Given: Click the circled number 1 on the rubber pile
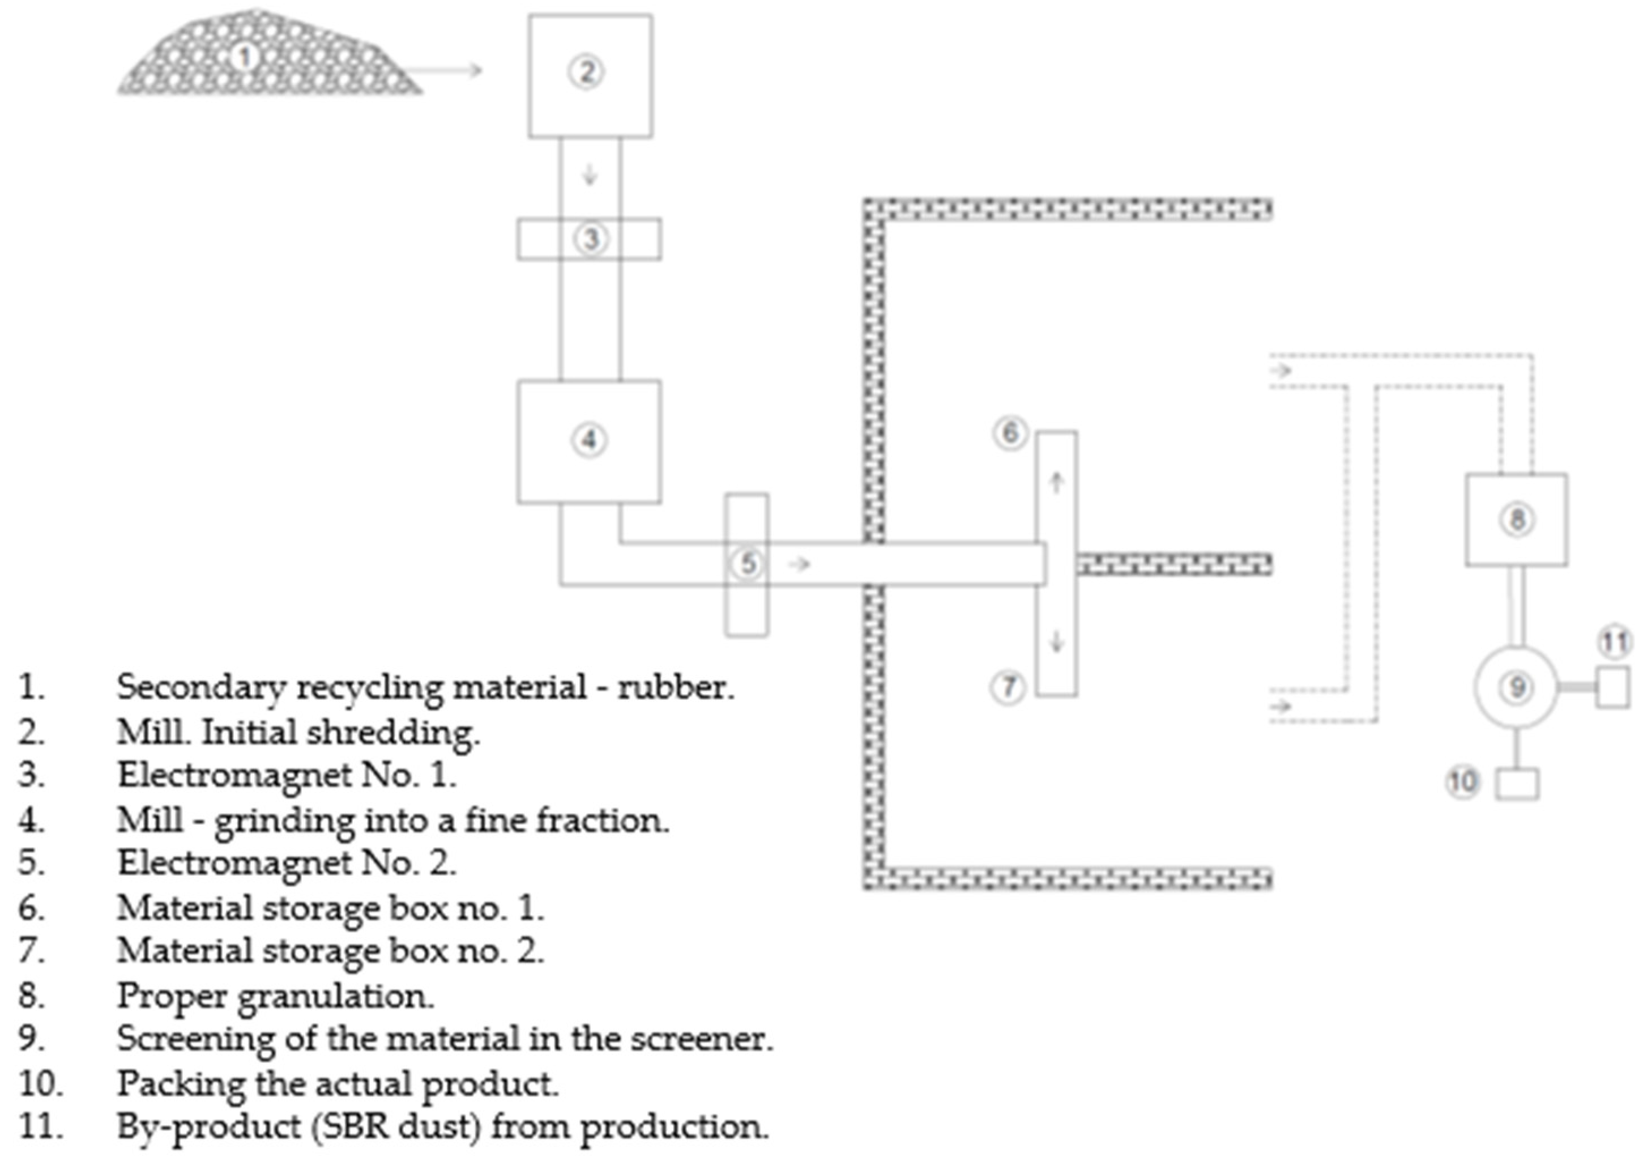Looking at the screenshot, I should point(244,57).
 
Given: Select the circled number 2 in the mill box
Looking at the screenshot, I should point(587,71).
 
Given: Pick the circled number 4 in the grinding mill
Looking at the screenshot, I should point(589,440).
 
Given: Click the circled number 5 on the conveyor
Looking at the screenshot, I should point(748,563).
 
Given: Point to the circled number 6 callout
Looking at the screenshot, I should point(1010,432).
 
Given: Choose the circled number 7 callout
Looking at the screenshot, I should point(1008,687).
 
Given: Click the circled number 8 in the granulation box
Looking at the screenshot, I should point(1516,519).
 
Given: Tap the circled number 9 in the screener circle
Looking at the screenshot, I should point(1516,687).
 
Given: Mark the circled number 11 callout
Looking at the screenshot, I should point(1614,642).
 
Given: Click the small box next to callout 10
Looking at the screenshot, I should point(1517,784).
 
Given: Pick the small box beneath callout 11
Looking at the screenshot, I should point(1613,687).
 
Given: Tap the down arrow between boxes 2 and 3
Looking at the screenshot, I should point(590,175).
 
